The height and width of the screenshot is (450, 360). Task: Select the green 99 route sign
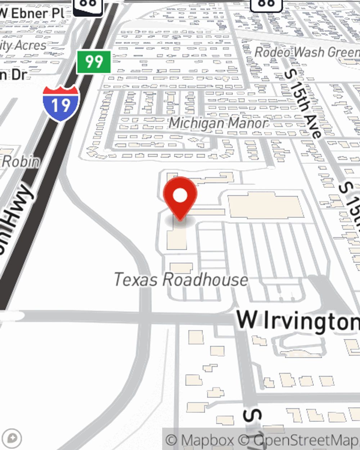[x=94, y=62]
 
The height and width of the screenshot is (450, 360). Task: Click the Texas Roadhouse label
[x=181, y=280]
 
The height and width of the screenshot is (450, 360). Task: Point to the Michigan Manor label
[x=218, y=123]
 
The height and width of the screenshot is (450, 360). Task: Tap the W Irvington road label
[x=297, y=320]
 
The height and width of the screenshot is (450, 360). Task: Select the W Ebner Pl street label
[x=32, y=14]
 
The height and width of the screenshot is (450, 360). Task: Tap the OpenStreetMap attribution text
[x=306, y=440]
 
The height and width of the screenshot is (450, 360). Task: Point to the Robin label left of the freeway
[x=21, y=162]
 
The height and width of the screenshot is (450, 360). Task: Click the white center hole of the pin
[x=180, y=196]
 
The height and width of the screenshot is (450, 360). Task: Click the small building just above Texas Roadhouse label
[x=181, y=267]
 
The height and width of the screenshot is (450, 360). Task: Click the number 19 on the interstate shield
[x=60, y=105]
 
